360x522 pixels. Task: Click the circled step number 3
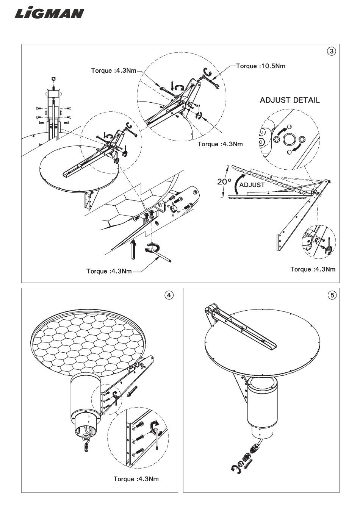coord(331,51)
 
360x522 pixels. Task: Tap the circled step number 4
coord(169,295)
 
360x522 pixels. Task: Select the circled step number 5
coord(331,295)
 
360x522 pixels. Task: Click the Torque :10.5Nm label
coord(261,66)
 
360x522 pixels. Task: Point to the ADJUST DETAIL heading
coord(290,100)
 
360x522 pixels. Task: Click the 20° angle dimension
coord(224,181)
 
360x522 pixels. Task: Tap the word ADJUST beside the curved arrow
coord(252,185)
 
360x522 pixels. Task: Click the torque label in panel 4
coord(136,479)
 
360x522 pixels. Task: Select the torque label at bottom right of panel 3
coord(313,269)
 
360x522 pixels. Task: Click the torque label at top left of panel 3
coord(113,70)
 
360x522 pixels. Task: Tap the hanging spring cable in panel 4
coord(86,444)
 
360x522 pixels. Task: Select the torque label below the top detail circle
coord(220,144)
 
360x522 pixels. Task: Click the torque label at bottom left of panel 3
coord(109,271)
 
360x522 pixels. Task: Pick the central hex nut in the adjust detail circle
coord(288,139)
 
